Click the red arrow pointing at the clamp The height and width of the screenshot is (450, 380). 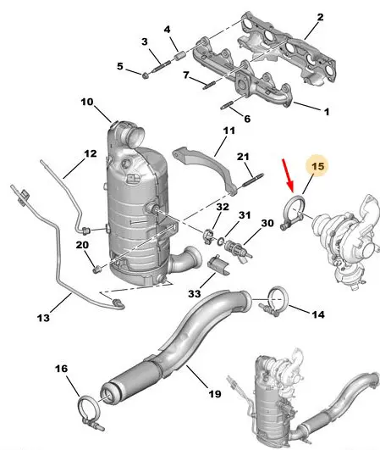tap(288, 175)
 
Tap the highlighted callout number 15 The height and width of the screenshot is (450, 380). tap(317, 166)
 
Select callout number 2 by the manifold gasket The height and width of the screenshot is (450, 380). tap(320, 17)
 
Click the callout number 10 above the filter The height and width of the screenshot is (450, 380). tap(87, 102)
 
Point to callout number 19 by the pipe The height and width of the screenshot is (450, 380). tap(215, 394)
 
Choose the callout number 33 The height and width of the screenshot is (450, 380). tap(195, 293)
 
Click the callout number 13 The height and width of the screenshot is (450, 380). tap(43, 318)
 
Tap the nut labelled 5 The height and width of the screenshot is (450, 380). tap(146, 75)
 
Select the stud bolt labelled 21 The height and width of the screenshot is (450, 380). tap(253, 180)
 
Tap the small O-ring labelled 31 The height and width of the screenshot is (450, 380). tap(220, 242)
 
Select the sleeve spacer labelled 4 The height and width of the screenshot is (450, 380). tap(179, 55)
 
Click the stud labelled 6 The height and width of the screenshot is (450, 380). tap(228, 105)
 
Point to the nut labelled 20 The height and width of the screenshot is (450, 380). tap(96, 269)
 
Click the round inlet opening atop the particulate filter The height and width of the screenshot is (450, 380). tap(135, 135)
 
